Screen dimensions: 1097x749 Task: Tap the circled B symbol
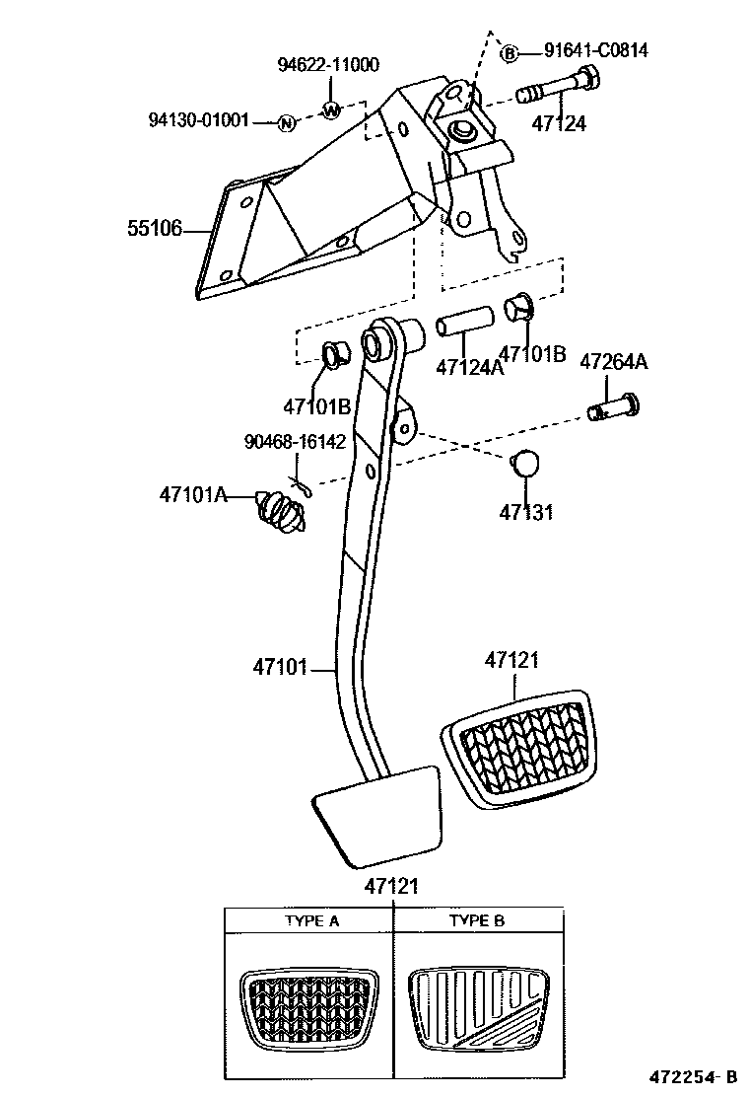tap(509, 53)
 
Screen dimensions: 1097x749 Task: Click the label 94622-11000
tap(328, 65)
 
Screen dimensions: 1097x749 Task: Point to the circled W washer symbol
tap(331, 110)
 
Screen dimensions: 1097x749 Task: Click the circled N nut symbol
tap(286, 122)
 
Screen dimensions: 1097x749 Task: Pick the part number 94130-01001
tap(198, 121)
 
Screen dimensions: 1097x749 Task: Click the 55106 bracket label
tap(154, 229)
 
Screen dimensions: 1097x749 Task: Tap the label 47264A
tap(612, 362)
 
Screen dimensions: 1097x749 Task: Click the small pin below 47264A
tap(612, 406)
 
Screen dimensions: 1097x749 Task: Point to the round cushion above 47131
tap(526, 463)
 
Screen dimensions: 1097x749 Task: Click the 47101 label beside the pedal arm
tap(281, 669)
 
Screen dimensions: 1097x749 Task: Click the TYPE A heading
tap(312, 921)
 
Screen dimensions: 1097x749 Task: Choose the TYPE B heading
tap(477, 921)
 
